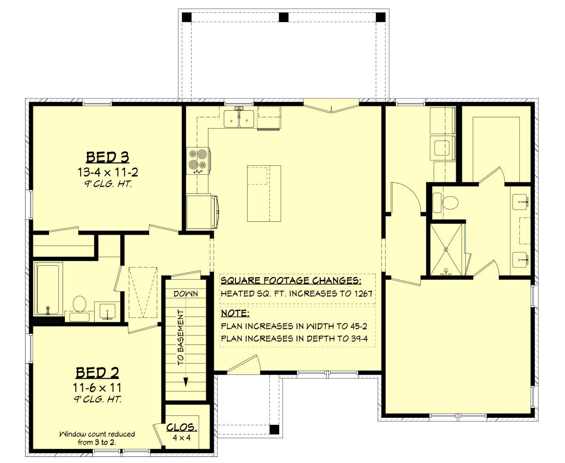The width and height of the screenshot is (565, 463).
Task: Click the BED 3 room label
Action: [107, 157]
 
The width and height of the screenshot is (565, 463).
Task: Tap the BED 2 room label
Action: [97, 373]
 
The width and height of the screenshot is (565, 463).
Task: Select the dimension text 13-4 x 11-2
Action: [108, 172]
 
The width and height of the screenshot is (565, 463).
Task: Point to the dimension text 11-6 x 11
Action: [97, 388]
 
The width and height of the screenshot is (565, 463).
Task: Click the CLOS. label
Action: [182, 427]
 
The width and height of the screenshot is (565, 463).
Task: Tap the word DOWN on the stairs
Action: [186, 293]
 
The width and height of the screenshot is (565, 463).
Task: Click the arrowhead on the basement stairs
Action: [186, 382]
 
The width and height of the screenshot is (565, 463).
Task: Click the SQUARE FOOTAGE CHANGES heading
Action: [291, 280]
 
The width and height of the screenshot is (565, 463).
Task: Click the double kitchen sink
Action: [239, 119]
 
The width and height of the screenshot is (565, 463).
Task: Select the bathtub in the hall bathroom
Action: [48, 289]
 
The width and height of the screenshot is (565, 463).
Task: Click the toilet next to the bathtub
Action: [79, 308]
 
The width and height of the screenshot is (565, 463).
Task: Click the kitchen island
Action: [264, 194]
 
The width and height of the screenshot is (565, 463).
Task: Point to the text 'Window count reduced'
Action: [97, 434]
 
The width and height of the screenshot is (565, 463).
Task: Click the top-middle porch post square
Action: [284, 17]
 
